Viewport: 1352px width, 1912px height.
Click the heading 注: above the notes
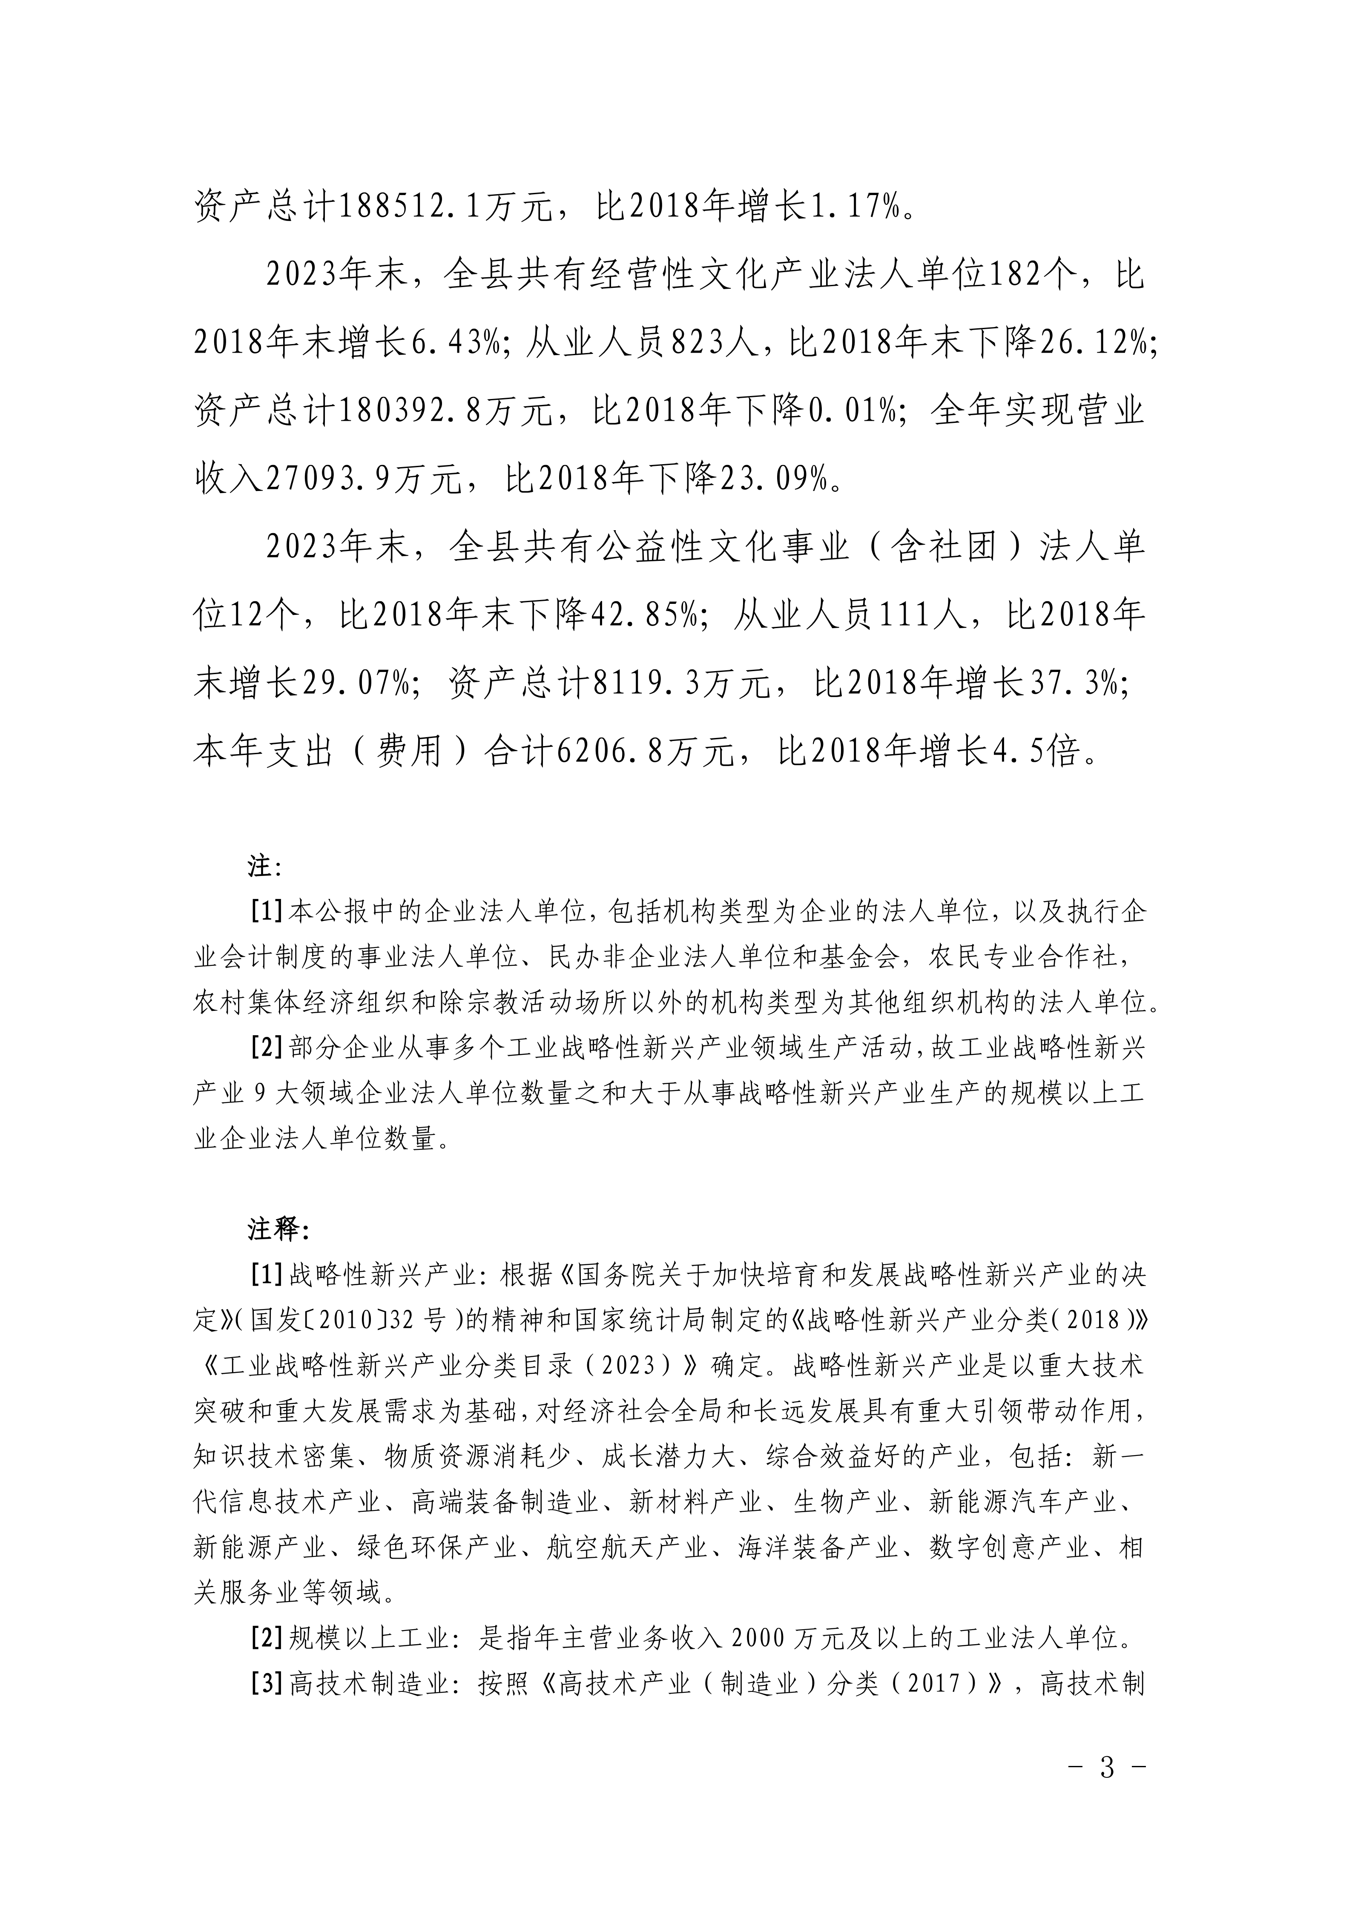point(265,867)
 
